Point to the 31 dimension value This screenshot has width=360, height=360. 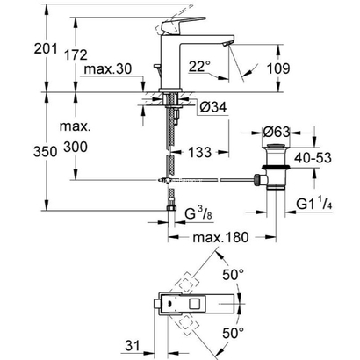(x=131, y=343)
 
